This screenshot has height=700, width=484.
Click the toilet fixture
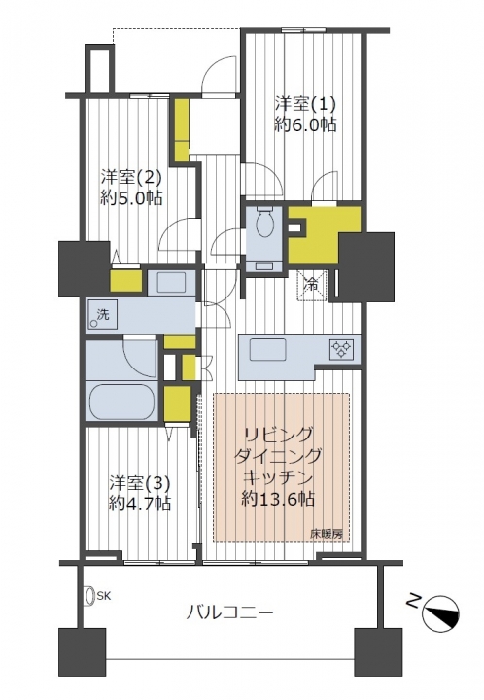(x=265, y=222)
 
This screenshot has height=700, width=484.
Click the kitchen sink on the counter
(x=267, y=350)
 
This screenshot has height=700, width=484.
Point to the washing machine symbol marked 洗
(x=102, y=314)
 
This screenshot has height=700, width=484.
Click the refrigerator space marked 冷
(x=312, y=284)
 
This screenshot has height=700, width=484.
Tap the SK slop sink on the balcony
(x=90, y=596)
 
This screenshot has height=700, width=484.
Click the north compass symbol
(x=440, y=614)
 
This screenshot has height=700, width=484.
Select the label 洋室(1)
(x=305, y=105)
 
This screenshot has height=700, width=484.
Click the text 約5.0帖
(x=131, y=197)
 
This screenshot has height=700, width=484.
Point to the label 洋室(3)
(x=139, y=484)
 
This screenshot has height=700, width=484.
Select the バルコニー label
(x=228, y=612)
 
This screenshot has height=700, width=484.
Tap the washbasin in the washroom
(x=171, y=282)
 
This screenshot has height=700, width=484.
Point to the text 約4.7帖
(x=139, y=505)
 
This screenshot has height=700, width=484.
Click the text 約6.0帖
(x=305, y=125)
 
